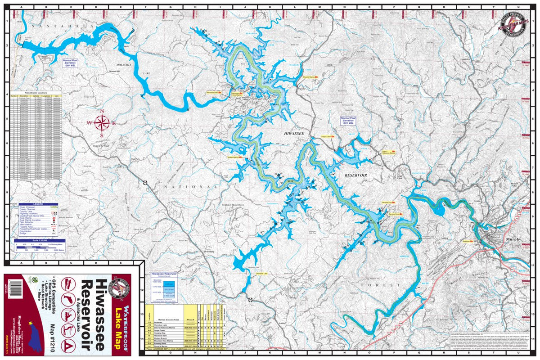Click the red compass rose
[102, 122]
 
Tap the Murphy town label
[513, 239]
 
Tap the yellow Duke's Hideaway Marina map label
[388, 153]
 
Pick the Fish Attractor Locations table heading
[36, 92]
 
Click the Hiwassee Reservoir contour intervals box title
[163, 273]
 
